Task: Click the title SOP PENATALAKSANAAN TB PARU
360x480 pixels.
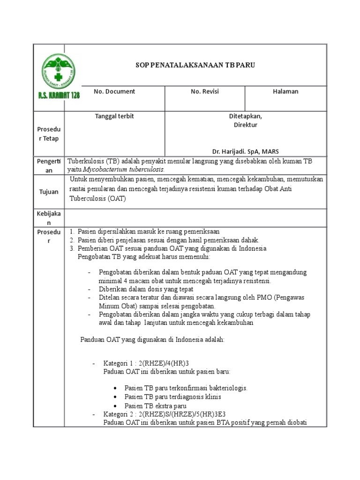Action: pos(192,65)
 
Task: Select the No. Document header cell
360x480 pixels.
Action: pos(114,91)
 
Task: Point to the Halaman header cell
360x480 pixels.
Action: pos(285,91)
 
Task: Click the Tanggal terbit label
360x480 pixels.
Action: pos(114,116)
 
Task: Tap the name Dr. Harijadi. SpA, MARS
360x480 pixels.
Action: pos(245,151)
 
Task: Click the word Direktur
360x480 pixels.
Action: pos(246,125)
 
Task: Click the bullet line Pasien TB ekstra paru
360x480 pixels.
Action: pos(156,405)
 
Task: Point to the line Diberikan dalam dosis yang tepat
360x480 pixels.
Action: pos(146,289)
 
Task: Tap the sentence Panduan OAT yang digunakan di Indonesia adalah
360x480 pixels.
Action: pos(153,339)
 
